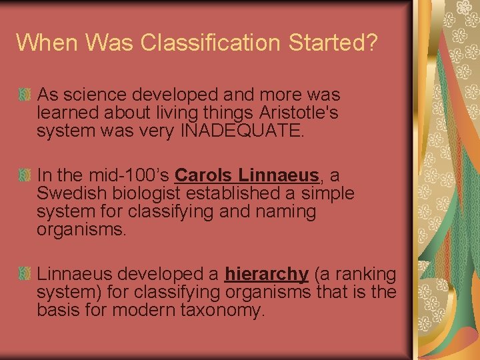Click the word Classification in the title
[213, 43]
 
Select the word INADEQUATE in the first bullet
[241, 131]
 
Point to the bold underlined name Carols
[203, 175]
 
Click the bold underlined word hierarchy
[267, 274]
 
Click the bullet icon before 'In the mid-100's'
[25, 175]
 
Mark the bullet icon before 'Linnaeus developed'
[25, 273]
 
